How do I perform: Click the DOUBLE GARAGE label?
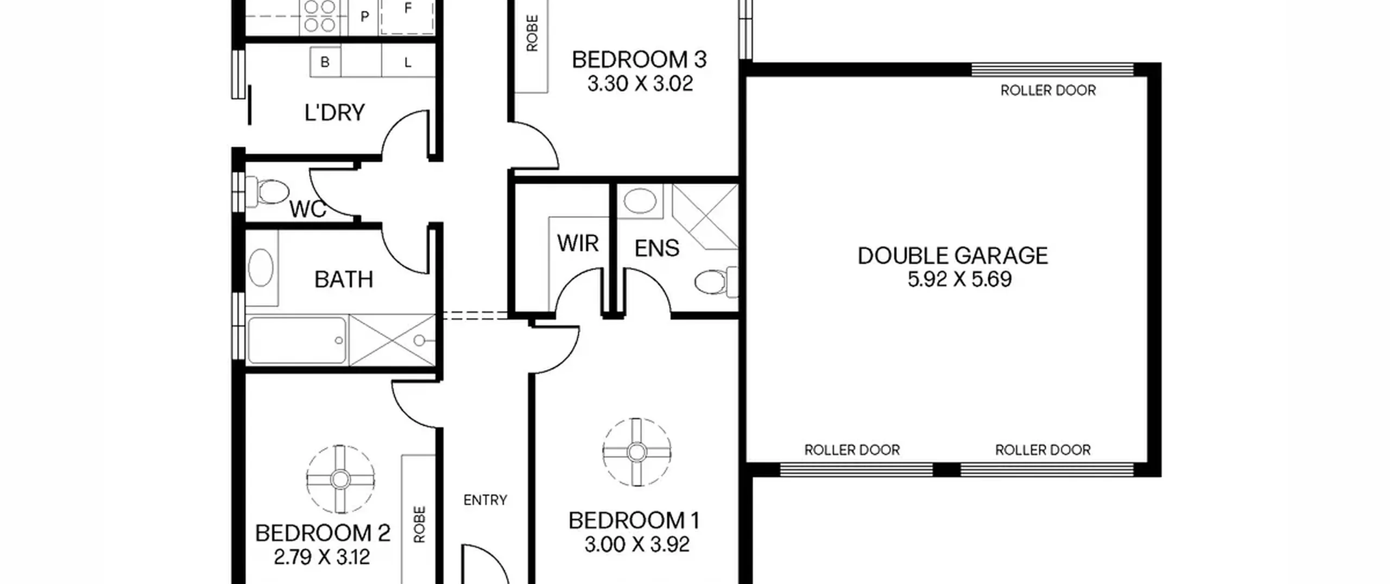tap(953, 256)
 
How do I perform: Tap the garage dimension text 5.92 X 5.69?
tap(959, 279)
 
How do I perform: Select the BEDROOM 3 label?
tap(639, 60)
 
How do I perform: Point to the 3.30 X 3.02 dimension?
tap(640, 84)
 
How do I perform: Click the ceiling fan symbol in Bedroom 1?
tap(637, 452)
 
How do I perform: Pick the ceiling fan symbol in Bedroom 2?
tap(340, 480)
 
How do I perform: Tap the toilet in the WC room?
tap(267, 192)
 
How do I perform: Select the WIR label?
tap(578, 243)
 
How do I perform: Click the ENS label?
tap(656, 248)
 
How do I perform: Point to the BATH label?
tap(344, 280)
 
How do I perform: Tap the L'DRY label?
tap(334, 112)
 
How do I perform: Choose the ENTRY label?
tap(485, 500)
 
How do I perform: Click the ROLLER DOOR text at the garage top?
tap(1048, 90)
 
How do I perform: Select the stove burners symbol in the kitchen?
tap(320, 16)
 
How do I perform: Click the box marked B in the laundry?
tap(325, 62)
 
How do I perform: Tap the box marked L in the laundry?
tap(408, 62)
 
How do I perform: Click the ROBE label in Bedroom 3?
tap(532, 33)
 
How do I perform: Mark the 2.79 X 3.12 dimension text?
tap(322, 557)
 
